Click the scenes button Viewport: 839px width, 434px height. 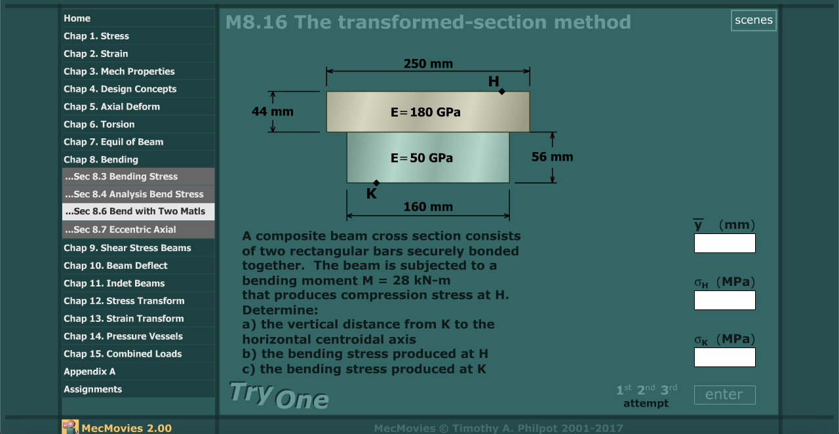754,20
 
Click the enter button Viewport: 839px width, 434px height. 724,395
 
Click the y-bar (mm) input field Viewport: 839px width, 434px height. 724,243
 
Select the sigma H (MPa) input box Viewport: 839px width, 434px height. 724,300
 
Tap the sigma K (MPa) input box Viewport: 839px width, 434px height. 724,357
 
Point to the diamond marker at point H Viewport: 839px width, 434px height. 502,92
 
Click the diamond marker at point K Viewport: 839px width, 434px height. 376,183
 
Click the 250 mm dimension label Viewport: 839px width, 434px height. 428,64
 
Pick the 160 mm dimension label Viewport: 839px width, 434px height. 428,207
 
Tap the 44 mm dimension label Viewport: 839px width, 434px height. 273,111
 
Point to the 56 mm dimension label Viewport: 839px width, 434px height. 552,157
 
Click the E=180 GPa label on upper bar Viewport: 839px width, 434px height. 425,112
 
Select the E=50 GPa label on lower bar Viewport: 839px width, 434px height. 421,158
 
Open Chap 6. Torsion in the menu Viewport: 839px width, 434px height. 99,124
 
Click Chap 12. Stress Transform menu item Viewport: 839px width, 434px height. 124,301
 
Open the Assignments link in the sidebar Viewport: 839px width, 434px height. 92,389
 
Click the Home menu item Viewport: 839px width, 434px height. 77,18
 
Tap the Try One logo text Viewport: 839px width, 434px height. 279,395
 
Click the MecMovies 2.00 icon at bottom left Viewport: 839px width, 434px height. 70,427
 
